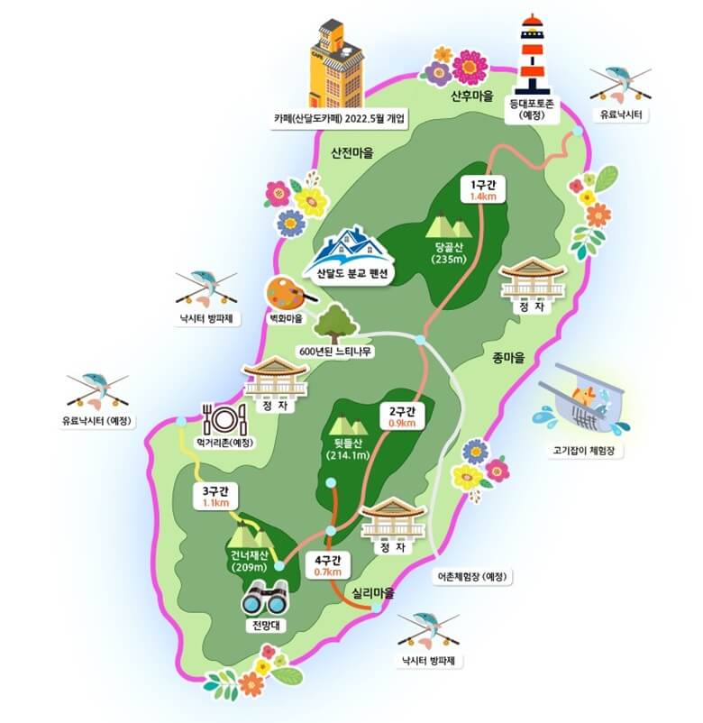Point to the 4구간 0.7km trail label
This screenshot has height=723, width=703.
(x=327, y=565)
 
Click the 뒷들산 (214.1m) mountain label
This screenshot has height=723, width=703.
(x=347, y=448)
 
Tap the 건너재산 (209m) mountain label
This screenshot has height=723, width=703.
(x=250, y=560)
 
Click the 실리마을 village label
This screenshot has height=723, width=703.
(x=374, y=593)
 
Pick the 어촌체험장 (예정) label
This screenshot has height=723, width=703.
(x=472, y=576)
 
